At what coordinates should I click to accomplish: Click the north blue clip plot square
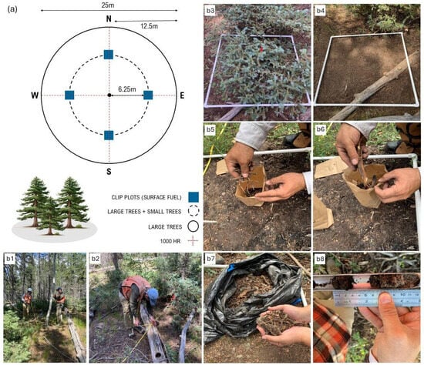[x=109, y=55]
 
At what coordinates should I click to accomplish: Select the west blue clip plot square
[x=69, y=95]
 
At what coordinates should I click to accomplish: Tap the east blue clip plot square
[x=148, y=95]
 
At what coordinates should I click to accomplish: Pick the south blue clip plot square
[x=109, y=135]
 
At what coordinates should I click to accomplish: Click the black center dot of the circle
[x=109, y=95]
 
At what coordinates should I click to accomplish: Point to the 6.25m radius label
[x=127, y=89]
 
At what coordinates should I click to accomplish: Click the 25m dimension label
[x=108, y=5]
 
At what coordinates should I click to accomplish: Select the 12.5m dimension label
[x=149, y=26]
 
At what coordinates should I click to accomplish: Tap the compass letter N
[x=109, y=18]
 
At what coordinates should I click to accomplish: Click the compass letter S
[x=109, y=171]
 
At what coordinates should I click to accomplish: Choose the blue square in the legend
[x=193, y=197]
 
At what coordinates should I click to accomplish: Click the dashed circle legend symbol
[x=193, y=211]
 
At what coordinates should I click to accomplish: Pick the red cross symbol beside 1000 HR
[x=193, y=241]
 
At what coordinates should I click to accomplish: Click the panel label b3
[x=210, y=11]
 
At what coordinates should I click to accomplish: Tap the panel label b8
[x=320, y=259]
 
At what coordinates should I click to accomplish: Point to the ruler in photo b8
[x=377, y=299]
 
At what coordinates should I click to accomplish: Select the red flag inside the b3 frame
[x=261, y=49]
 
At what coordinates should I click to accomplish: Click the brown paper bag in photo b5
[x=251, y=186]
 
